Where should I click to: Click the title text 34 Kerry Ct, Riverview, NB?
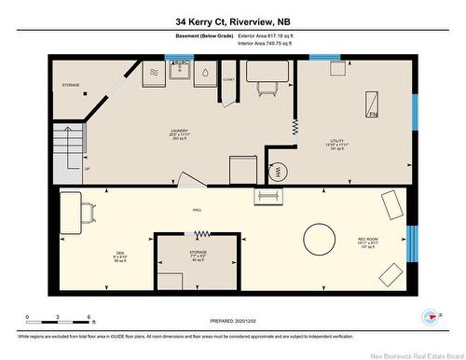pyautogui.click(x=232, y=21)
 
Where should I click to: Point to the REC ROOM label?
pyautogui.click(x=368, y=244)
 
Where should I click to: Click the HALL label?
pyautogui.click(x=198, y=211)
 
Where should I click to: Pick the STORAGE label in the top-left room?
pyautogui.click(x=71, y=85)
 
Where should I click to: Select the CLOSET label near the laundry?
pyautogui.click(x=227, y=80)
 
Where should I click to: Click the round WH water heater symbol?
pyautogui.click(x=277, y=171)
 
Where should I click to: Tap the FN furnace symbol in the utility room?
pyautogui.click(x=372, y=104)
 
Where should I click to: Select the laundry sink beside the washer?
pyautogui.click(x=181, y=73)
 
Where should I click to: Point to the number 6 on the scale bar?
pyautogui.click(x=88, y=318)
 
